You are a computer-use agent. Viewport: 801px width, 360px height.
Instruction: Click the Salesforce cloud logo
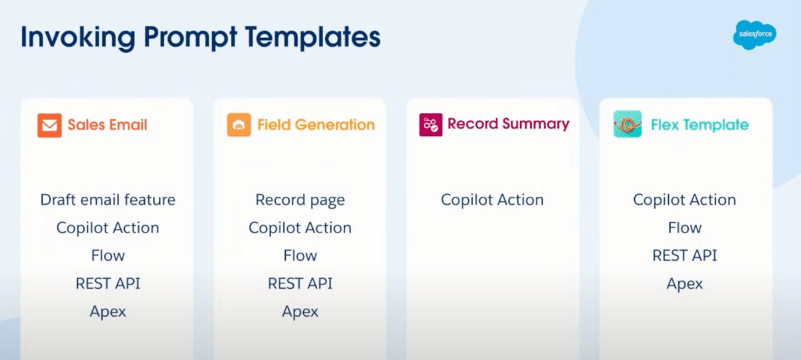[x=754, y=35]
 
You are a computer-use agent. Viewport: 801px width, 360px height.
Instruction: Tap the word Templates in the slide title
[x=312, y=37]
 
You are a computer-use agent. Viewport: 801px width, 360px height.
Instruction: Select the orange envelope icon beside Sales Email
[x=49, y=125]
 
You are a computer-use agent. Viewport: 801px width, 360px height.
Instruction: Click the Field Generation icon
[x=239, y=125]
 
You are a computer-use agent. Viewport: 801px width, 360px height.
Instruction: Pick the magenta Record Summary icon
[x=431, y=125]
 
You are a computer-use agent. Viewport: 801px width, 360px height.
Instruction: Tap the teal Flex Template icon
[x=627, y=124]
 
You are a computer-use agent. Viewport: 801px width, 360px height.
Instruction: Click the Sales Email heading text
[x=107, y=125]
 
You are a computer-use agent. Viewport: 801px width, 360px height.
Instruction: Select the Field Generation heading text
[x=316, y=125]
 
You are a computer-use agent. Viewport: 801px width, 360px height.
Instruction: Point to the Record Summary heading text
[x=508, y=124]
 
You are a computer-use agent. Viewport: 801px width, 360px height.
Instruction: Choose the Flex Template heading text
[x=700, y=125]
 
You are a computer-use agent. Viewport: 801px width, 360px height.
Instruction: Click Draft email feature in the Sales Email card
[x=107, y=199]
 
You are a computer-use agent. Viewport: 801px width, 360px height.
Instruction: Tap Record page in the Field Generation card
[x=300, y=200]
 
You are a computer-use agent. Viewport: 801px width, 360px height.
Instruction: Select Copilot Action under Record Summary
[x=492, y=200]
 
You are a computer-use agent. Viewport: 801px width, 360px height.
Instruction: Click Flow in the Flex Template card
[x=684, y=227]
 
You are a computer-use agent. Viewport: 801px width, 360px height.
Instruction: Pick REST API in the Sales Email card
[x=107, y=283]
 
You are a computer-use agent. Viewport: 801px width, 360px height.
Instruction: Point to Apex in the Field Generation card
[x=300, y=312]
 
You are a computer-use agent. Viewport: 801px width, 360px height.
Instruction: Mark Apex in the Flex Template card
[x=684, y=284]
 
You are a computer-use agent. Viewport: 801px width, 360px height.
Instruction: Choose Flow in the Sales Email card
[x=107, y=255]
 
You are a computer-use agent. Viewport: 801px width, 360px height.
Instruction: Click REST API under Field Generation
[x=300, y=283]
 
